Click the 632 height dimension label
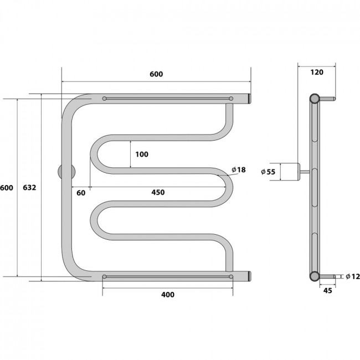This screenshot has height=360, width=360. [29, 188]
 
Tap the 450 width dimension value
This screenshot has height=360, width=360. [158, 192]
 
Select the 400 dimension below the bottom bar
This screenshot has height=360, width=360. [168, 295]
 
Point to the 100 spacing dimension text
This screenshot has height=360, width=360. [142, 155]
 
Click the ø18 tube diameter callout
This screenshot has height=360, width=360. [239, 170]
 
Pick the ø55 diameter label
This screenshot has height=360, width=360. [268, 172]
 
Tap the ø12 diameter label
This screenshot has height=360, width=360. [353, 277]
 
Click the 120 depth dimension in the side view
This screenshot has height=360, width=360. [317, 73]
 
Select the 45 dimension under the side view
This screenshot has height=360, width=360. [328, 291]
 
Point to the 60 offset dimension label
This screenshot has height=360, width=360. [81, 193]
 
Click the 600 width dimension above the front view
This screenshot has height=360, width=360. [156, 74]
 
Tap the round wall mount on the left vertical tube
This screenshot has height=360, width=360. [66, 172]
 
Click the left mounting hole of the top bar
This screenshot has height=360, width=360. [105, 99]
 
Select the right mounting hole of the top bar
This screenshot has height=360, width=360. [231, 99]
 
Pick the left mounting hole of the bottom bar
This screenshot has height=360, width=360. [105, 277]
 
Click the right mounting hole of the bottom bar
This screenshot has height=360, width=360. [231, 277]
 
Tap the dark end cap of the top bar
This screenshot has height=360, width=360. [249, 99]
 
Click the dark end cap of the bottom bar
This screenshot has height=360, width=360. [249, 276]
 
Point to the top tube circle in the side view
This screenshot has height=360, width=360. [315, 99]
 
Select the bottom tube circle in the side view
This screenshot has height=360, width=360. [315, 276]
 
